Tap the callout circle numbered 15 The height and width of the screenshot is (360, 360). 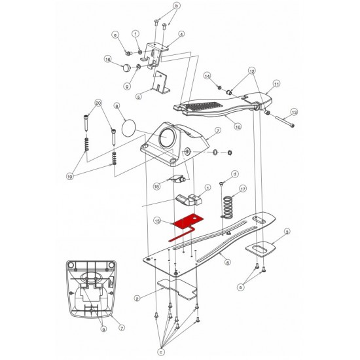pos(157,221)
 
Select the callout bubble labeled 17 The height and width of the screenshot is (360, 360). pos(243,189)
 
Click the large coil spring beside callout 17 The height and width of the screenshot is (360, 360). pos(228,206)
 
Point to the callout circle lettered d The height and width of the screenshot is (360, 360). pos(234,174)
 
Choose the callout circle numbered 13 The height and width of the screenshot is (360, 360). pos(294,113)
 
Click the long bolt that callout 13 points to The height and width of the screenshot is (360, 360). pos(285,122)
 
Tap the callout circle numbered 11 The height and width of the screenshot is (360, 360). pos(276,84)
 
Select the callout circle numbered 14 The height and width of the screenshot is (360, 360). pos(207,76)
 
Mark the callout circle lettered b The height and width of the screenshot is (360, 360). pos(176,6)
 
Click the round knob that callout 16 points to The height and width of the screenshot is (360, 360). pos(126,67)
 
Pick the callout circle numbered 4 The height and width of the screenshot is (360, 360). pos(181,34)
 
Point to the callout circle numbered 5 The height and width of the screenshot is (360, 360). pos(139,97)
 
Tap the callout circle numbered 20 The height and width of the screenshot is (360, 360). pos(98,103)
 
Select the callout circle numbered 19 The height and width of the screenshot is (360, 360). pos(70,177)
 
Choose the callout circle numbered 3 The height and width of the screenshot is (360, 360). pos(287,232)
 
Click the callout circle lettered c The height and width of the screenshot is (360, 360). pos(162,351)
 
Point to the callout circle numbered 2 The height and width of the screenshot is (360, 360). pos(137,298)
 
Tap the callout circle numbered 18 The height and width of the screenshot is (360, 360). pos(156,187)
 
